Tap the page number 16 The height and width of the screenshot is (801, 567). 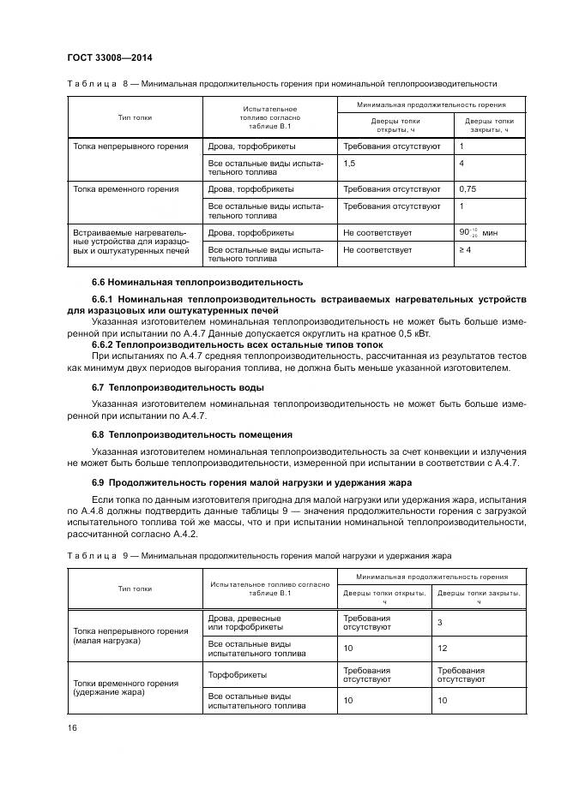coord(71,727)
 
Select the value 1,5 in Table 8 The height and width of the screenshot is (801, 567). coord(350,163)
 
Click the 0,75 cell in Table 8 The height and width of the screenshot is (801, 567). coord(468,188)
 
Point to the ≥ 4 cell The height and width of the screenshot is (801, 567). coord(467,250)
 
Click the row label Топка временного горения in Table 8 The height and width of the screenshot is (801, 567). coord(126,188)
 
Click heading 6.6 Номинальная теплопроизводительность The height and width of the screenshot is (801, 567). coord(197,282)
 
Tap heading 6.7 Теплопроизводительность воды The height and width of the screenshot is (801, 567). coord(178,387)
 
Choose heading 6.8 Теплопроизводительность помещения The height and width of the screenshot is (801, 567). coord(192,434)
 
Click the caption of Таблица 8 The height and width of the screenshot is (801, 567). coord(282,85)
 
